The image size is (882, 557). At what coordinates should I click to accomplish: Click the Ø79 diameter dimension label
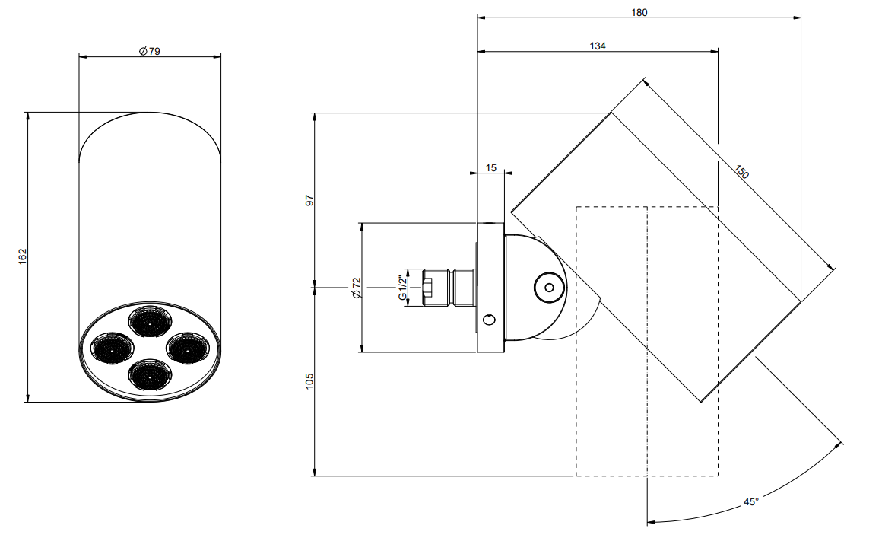point(150,51)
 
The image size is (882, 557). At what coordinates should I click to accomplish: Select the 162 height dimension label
point(23,256)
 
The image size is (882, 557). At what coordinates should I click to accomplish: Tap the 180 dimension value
point(639,12)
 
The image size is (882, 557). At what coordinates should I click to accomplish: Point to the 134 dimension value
point(598,46)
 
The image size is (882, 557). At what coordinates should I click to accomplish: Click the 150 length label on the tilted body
point(741,171)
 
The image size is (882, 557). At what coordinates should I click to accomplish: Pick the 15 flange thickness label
point(491,168)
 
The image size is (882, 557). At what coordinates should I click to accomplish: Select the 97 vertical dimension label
point(309,200)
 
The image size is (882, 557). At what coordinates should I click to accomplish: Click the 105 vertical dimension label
point(309,381)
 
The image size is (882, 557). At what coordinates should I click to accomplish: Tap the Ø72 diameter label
point(356,288)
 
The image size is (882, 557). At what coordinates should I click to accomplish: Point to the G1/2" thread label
point(403,288)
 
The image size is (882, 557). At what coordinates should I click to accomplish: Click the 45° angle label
point(751,501)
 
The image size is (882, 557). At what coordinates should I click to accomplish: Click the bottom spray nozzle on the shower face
point(150,374)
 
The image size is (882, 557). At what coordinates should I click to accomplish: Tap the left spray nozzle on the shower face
point(112,348)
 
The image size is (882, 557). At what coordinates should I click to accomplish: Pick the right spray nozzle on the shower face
point(189,348)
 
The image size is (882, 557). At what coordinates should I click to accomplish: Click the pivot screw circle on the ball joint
point(550,288)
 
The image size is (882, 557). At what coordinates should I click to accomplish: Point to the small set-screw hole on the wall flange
point(490,320)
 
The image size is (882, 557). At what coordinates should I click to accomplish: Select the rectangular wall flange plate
point(490,288)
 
